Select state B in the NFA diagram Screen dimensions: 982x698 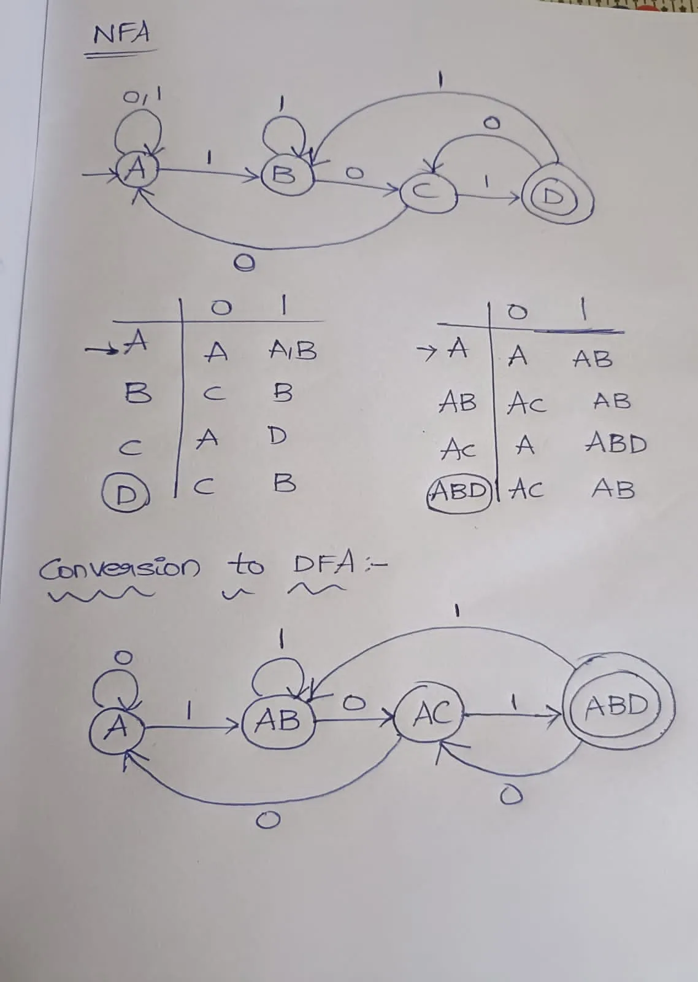283,176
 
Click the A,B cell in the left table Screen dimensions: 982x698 293,350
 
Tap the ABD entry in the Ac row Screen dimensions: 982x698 616,443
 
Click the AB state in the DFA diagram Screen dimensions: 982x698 278,720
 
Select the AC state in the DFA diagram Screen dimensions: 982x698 431,714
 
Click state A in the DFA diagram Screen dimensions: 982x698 117,728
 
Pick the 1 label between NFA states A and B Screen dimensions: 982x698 209,158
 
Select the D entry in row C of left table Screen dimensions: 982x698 277,436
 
